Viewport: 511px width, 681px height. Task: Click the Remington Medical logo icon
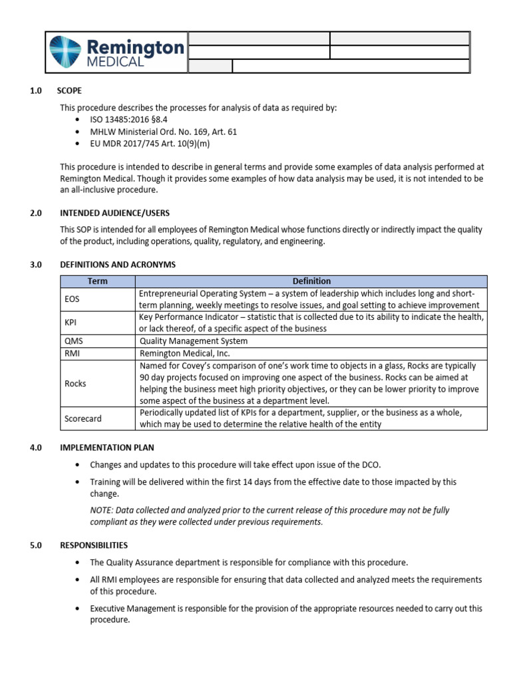pos(67,52)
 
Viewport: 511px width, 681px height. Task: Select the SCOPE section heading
pos(71,91)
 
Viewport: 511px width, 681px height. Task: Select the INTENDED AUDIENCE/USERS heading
pos(114,213)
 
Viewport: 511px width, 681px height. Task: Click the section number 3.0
pos(36,265)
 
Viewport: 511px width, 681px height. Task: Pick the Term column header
pos(97,281)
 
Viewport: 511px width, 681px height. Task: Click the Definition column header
pos(311,281)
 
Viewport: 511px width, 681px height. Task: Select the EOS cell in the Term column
pos(72,299)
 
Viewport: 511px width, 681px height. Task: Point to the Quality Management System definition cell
pos(193,341)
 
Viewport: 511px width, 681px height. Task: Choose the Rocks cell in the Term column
pos(75,384)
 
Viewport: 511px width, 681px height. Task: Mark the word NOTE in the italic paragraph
pos(102,510)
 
